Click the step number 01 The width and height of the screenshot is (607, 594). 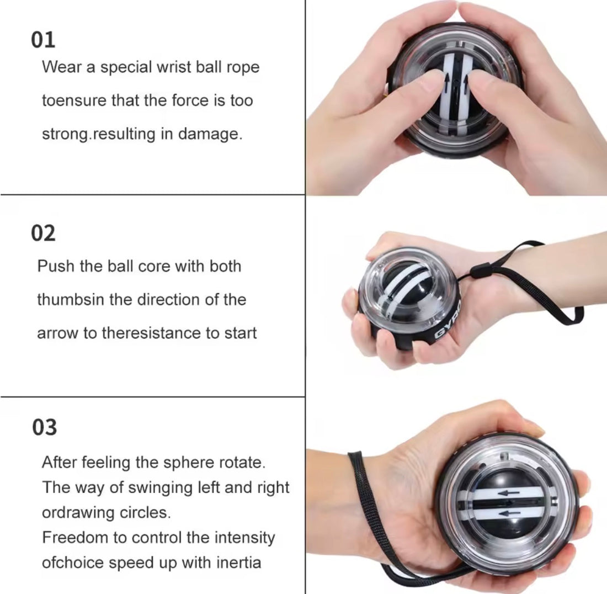[43, 40]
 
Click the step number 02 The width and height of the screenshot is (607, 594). [43, 233]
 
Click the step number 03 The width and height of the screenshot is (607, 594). [44, 427]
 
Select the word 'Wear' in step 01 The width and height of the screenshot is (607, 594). [61, 67]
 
